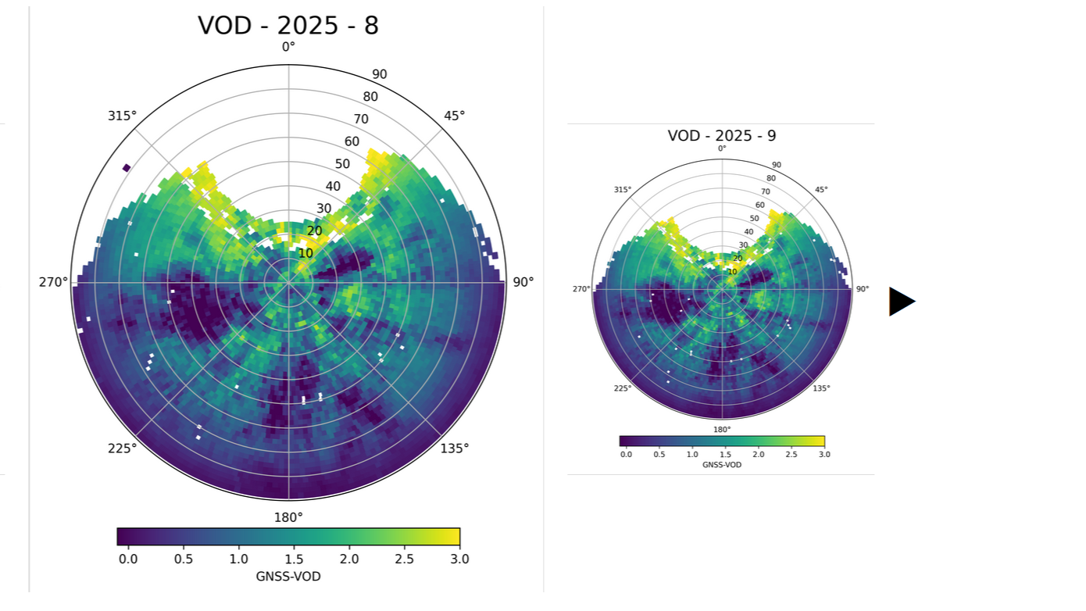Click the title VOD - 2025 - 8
tap(288, 26)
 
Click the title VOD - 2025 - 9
tap(722, 136)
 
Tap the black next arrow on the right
tap(901, 302)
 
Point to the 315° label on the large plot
tap(122, 116)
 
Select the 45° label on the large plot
tap(454, 116)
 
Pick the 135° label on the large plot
tap(454, 448)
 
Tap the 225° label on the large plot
tap(122, 448)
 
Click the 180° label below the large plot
tap(288, 517)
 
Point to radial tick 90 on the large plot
tap(380, 75)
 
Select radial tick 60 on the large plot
tap(352, 141)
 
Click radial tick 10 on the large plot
tap(305, 253)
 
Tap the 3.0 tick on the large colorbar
tap(459, 559)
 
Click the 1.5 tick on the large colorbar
tap(294, 559)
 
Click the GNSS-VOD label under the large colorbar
tap(288, 577)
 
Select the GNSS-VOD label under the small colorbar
tap(722, 465)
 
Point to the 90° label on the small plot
tap(863, 289)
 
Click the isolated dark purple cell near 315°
tap(127, 167)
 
